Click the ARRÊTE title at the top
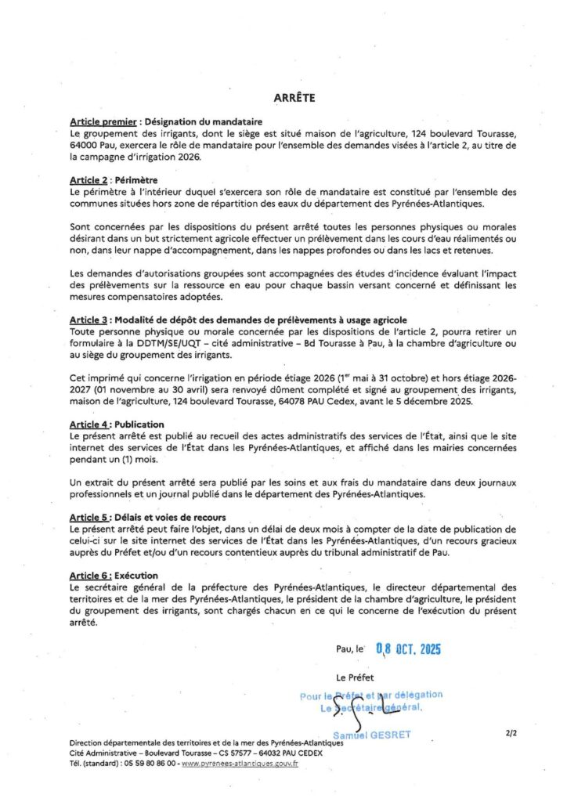click(x=294, y=98)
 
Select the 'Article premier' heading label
click(x=98, y=121)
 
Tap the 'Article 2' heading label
click(x=88, y=180)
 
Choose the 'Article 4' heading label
click(x=88, y=424)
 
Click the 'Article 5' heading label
click(x=88, y=518)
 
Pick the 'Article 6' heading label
click(x=88, y=576)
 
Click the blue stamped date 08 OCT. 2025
click(x=408, y=648)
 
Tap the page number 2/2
click(x=512, y=734)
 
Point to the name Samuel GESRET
click(x=371, y=735)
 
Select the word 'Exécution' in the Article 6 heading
click(x=136, y=576)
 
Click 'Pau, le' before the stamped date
click(x=349, y=649)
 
